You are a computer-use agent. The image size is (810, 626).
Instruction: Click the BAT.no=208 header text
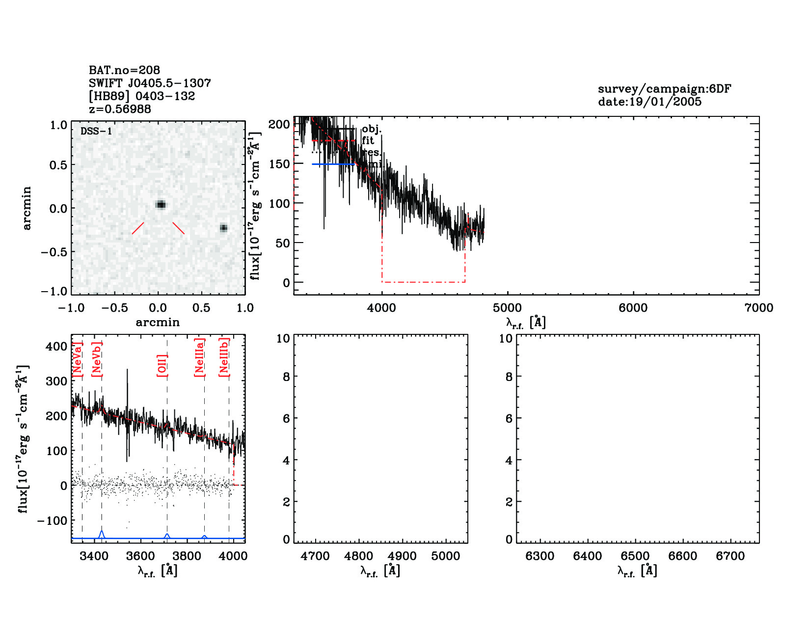[124, 70]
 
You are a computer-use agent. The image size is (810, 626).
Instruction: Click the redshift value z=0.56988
[120, 109]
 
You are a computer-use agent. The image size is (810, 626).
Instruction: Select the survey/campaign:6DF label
[664, 89]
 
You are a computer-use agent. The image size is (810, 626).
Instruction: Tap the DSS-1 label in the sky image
[96, 131]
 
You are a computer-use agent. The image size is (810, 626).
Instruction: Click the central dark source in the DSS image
[161, 204]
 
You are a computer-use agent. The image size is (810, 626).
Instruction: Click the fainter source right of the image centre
[224, 228]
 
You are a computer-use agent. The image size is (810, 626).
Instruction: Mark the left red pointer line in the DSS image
[138, 228]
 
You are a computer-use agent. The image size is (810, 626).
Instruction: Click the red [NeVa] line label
[77, 359]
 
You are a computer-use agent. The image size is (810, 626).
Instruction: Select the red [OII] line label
[162, 365]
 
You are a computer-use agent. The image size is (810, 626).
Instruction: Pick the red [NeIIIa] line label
[199, 357]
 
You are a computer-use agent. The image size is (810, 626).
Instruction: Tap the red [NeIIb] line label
[224, 357]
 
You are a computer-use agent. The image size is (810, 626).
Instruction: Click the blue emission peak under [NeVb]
[102, 532]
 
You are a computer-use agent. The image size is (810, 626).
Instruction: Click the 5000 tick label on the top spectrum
[507, 308]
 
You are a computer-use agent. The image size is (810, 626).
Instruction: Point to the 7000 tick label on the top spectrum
[758, 308]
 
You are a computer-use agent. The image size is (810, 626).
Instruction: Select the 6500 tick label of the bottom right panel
[635, 556]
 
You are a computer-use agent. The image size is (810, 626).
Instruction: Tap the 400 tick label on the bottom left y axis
[57, 346]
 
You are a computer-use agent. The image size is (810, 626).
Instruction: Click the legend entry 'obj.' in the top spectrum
[372, 129]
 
